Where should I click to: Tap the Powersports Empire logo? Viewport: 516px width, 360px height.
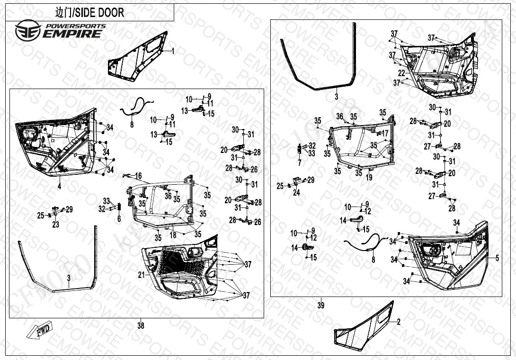tap(59, 30)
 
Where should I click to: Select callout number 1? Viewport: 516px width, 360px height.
tap(173, 51)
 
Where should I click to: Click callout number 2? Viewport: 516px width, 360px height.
tap(399, 322)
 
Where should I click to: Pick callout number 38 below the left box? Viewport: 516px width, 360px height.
tap(141, 325)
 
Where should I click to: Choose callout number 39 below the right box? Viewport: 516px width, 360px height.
tap(321, 305)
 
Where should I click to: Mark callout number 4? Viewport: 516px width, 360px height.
tap(60, 186)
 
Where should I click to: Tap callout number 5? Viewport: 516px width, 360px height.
tap(497, 258)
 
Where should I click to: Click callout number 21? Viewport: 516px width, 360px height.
tap(141, 275)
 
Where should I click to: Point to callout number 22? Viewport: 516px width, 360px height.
tap(401, 73)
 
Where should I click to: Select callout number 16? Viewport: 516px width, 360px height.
tap(138, 176)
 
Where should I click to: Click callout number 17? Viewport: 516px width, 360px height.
tap(385, 134)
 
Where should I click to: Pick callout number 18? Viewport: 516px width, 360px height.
tap(173, 234)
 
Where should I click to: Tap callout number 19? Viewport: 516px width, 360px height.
tap(369, 178)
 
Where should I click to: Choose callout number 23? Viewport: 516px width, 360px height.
tap(56, 225)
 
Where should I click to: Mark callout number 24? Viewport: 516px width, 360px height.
tap(296, 193)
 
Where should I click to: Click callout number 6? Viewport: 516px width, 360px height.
tap(119, 219)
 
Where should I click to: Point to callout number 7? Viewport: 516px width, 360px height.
tap(300, 162)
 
